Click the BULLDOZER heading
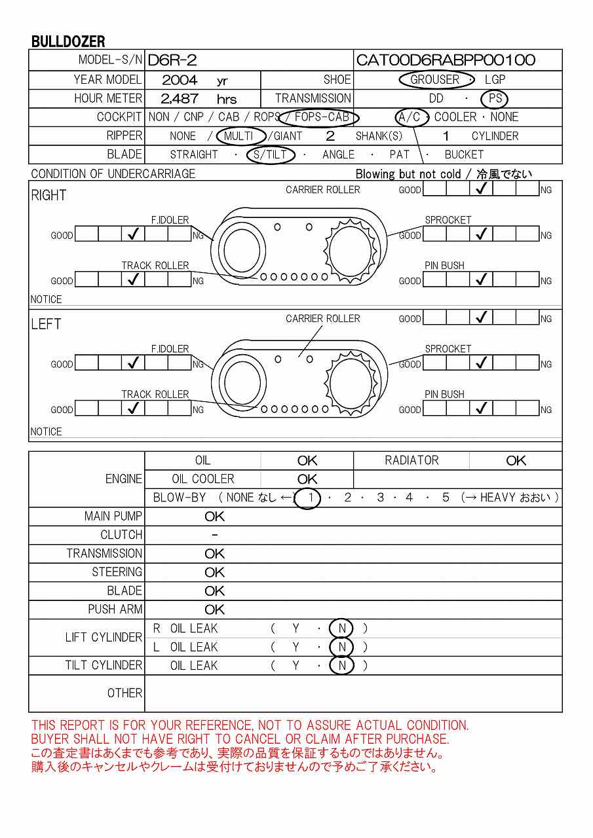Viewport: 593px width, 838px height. [x=68, y=42]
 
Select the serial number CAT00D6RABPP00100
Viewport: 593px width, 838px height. [x=446, y=61]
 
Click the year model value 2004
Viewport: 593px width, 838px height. [x=180, y=81]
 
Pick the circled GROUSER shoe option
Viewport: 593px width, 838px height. [x=435, y=80]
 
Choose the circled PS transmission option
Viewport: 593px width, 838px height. [x=494, y=99]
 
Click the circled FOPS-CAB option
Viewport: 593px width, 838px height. [x=320, y=118]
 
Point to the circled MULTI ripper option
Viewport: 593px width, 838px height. [x=239, y=136]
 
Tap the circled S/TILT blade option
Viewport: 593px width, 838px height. [x=270, y=155]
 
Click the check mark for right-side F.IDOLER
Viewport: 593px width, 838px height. [x=134, y=234]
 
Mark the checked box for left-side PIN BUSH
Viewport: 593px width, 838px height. [x=482, y=409]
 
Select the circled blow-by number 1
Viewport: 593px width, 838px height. [x=308, y=498]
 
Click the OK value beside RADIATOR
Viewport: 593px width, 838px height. [x=516, y=461]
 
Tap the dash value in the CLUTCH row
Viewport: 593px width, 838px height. [x=215, y=536]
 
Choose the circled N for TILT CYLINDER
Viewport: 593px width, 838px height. [x=341, y=666]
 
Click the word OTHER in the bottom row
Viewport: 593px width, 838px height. [x=124, y=693]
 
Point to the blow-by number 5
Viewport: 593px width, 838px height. [x=446, y=498]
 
